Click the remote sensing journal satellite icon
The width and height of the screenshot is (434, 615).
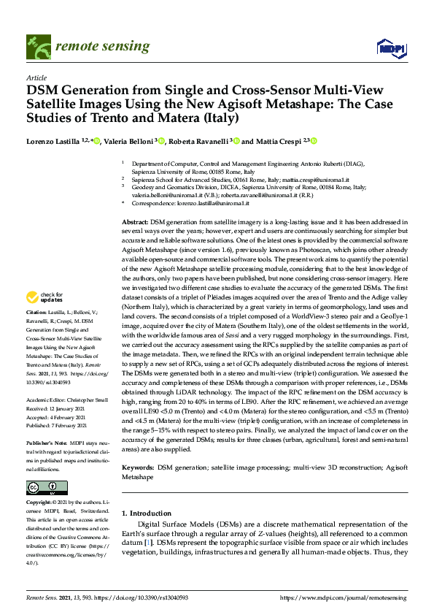pyautogui.click(x=36, y=46)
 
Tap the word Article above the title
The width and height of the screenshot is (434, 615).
pyautogui.click(x=36, y=77)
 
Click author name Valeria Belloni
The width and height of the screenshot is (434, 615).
pyautogui.click(x=127, y=141)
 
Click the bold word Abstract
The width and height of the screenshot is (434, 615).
pyautogui.click(x=134, y=221)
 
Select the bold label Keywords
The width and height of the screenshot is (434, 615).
pyautogui.click(x=138, y=467)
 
